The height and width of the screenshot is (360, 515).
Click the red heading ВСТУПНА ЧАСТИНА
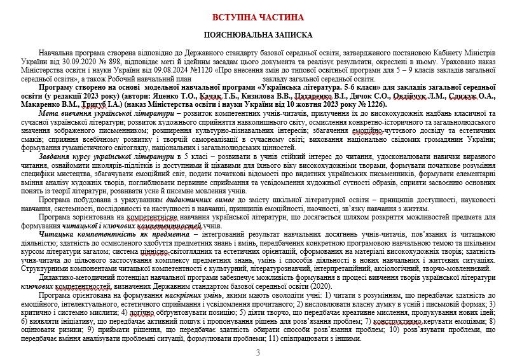pos(257,15)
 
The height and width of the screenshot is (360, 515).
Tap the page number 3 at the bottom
pos(257,352)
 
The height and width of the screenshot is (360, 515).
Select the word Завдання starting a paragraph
pos(56,154)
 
